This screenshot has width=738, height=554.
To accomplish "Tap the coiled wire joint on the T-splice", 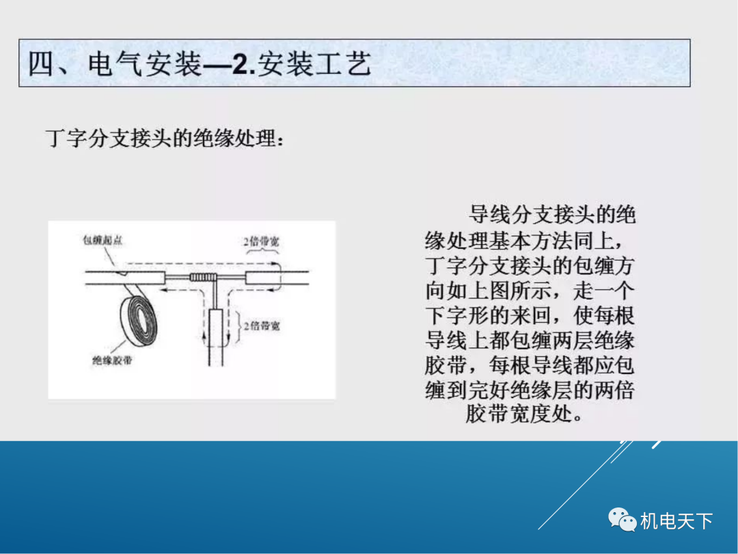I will click(204, 278).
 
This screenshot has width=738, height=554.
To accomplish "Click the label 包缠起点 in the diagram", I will click(102, 241).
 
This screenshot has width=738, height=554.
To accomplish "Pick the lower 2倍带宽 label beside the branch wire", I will click(262, 326).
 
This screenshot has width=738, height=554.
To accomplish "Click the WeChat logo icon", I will click(623, 521).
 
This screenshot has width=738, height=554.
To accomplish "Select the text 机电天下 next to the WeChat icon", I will click(676, 521).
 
